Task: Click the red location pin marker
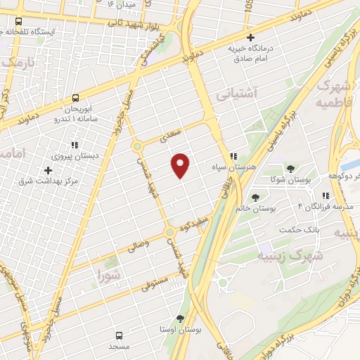181,165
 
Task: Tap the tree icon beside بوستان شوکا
290,168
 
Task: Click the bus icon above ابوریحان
75,98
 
